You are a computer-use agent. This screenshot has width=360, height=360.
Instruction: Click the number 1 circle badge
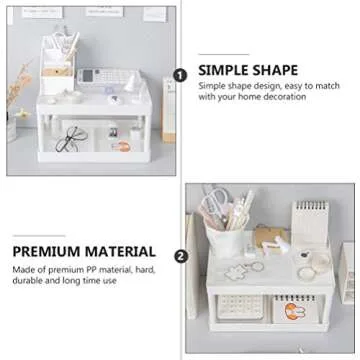click(x=181, y=75)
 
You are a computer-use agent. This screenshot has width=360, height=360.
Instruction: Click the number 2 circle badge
click(x=181, y=255)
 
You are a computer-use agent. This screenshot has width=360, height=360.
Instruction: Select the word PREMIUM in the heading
click(x=51, y=252)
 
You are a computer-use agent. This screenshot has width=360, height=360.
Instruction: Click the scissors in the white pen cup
click(x=220, y=208)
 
